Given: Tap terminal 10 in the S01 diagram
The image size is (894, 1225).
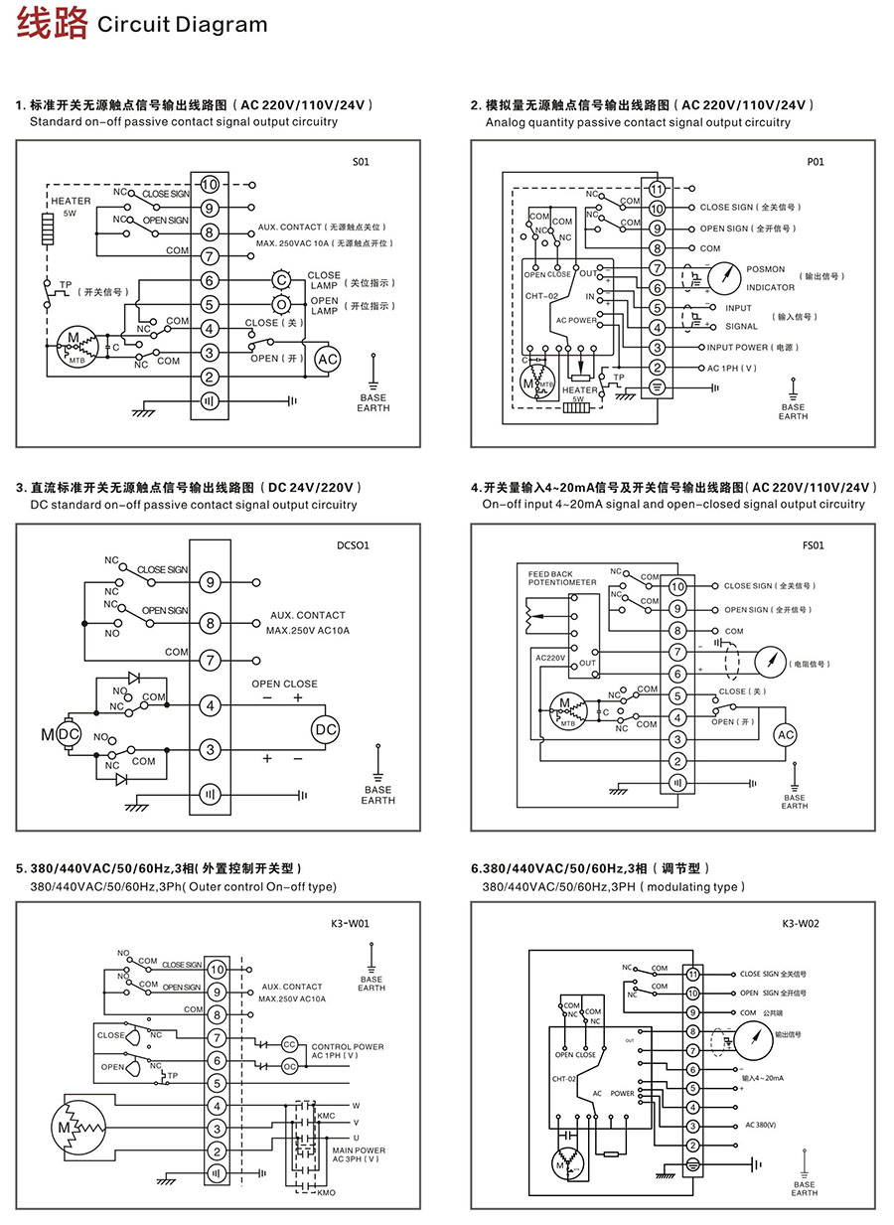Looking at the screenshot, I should tap(210, 185).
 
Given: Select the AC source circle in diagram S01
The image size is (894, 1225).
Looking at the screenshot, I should tap(327, 359).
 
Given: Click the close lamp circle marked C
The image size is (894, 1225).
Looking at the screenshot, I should tap(282, 281).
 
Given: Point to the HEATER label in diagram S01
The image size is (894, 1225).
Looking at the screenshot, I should tap(71, 201).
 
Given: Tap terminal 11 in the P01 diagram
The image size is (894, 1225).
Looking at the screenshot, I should tap(657, 189).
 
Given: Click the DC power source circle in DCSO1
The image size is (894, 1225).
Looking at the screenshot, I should tap(326, 729).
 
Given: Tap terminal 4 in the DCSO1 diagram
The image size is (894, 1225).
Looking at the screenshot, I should tap(210, 705).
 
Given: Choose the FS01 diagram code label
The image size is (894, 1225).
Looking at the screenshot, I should tap(813, 544).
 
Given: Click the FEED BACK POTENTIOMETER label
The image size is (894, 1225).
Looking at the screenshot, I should tap(562, 578).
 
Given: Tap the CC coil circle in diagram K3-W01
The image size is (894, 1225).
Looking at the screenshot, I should tap(290, 1044).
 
